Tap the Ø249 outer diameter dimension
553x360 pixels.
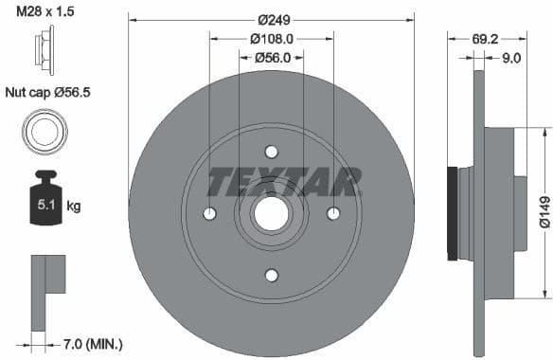pos(271,19)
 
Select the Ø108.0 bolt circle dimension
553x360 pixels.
pos(271,39)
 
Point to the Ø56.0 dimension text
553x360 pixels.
pos(271,58)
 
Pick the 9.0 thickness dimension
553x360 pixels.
pos(512,58)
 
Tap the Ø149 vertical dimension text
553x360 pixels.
pos(544,212)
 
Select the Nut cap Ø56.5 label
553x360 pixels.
pos(53,92)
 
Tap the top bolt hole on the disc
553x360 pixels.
pos(272,153)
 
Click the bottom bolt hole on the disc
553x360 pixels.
pos(272,275)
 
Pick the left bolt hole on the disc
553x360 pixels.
pos(210,214)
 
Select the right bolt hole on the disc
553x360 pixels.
pos(332,214)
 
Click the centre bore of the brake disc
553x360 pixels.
pos(272,214)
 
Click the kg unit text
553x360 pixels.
pos(74,205)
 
